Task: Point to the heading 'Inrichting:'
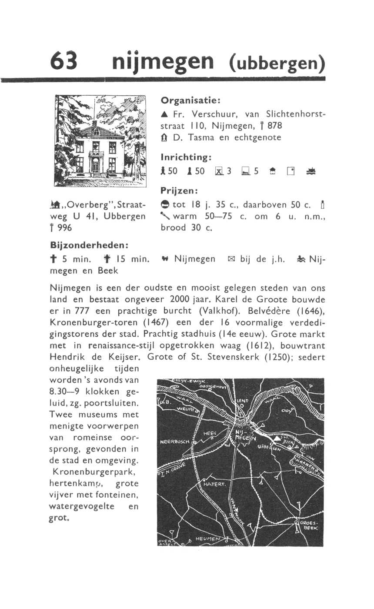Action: coord(186,157)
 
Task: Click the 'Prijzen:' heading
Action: coord(179,191)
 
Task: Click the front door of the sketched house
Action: coord(95,165)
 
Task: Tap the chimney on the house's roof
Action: coord(94,123)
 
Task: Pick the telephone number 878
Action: coord(275,126)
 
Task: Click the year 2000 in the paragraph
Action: coord(182,300)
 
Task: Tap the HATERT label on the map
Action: coord(214,484)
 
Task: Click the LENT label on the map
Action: coord(242,400)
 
